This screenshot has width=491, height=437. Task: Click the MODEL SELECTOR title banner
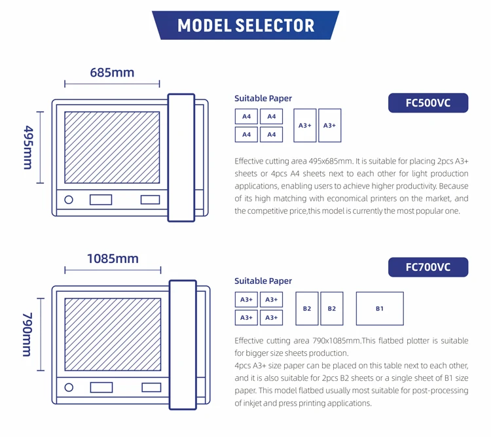click(x=245, y=26)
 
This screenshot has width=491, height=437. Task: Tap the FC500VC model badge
click(x=428, y=103)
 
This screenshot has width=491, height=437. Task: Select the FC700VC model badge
click(x=428, y=267)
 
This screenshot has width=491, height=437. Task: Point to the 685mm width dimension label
click(x=112, y=72)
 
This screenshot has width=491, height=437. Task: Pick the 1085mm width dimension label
click(x=113, y=258)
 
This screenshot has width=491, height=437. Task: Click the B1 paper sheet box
click(x=380, y=309)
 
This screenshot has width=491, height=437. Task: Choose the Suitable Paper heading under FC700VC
click(x=263, y=281)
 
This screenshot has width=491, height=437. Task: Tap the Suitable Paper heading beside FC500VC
click(x=263, y=99)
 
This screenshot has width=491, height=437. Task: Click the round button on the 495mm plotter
click(x=69, y=200)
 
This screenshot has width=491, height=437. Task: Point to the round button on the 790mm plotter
click(x=69, y=387)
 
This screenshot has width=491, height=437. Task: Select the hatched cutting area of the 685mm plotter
click(x=112, y=147)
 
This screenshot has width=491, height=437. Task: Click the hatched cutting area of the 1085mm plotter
click(x=113, y=334)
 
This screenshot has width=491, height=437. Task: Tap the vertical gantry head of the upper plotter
click(x=181, y=157)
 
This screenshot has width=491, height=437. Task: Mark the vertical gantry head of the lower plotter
click(x=183, y=344)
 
